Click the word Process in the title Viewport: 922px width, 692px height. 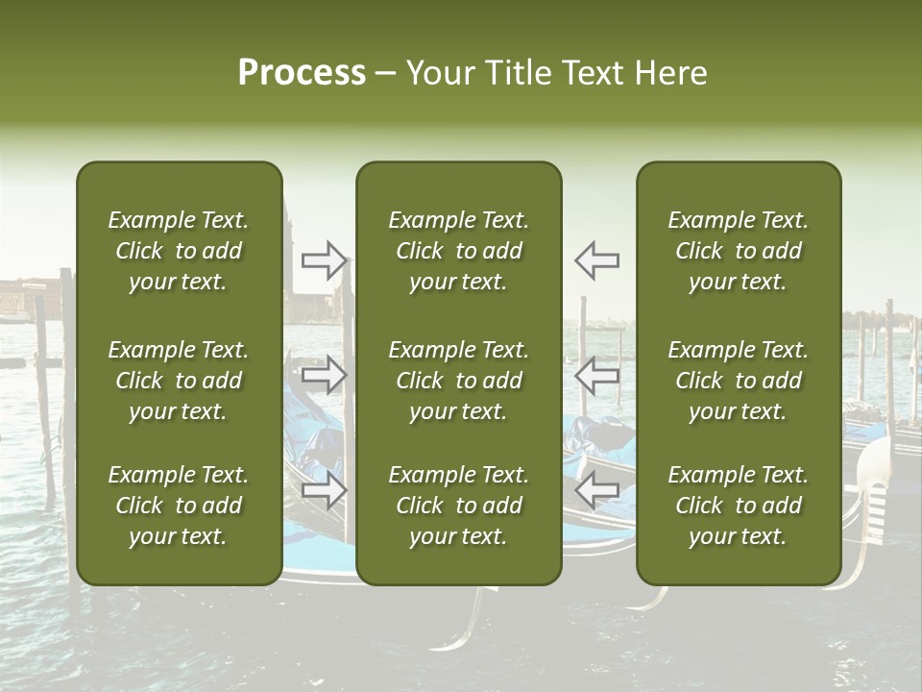[302, 73]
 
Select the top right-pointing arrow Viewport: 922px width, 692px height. [325, 259]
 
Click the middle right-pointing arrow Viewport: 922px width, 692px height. [325, 375]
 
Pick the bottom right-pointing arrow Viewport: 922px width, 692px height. [325, 491]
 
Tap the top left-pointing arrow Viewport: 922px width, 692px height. [597, 259]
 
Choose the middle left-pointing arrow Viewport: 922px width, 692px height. [597, 375]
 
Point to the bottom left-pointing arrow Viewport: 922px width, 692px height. [597, 491]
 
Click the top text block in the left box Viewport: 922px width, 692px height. [179, 251]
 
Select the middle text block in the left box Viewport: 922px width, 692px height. [179, 381]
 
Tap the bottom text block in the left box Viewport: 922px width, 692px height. [179, 506]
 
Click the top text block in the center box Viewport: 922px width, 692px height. [459, 251]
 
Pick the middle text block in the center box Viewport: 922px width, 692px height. [459, 381]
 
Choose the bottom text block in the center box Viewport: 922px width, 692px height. [459, 506]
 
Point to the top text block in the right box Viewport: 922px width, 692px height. [739, 251]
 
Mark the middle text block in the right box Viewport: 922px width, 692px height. [739, 381]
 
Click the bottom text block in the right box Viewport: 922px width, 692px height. [739, 506]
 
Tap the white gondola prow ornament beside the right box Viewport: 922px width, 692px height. [875, 481]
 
